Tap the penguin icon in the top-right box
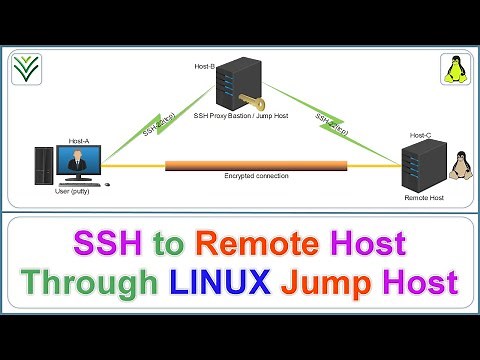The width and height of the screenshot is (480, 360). pyautogui.click(x=453, y=69)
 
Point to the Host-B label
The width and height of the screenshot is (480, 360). pyautogui.click(x=203, y=66)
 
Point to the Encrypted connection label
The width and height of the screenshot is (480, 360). pyautogui.click(x=256, y=176)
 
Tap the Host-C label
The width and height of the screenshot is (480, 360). pyautogui.click(x=420, y=135)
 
